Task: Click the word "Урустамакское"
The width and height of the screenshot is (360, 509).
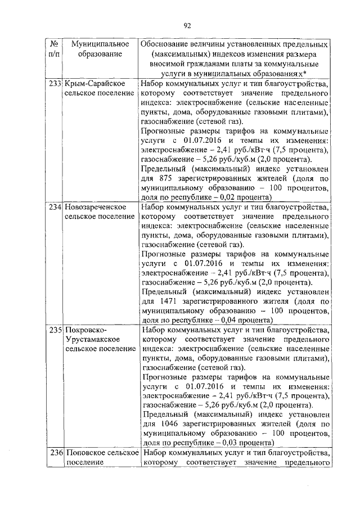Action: point(90,340)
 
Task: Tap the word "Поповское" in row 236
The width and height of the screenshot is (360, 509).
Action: point(84,453)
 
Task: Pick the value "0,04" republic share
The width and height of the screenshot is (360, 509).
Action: point(211,321)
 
